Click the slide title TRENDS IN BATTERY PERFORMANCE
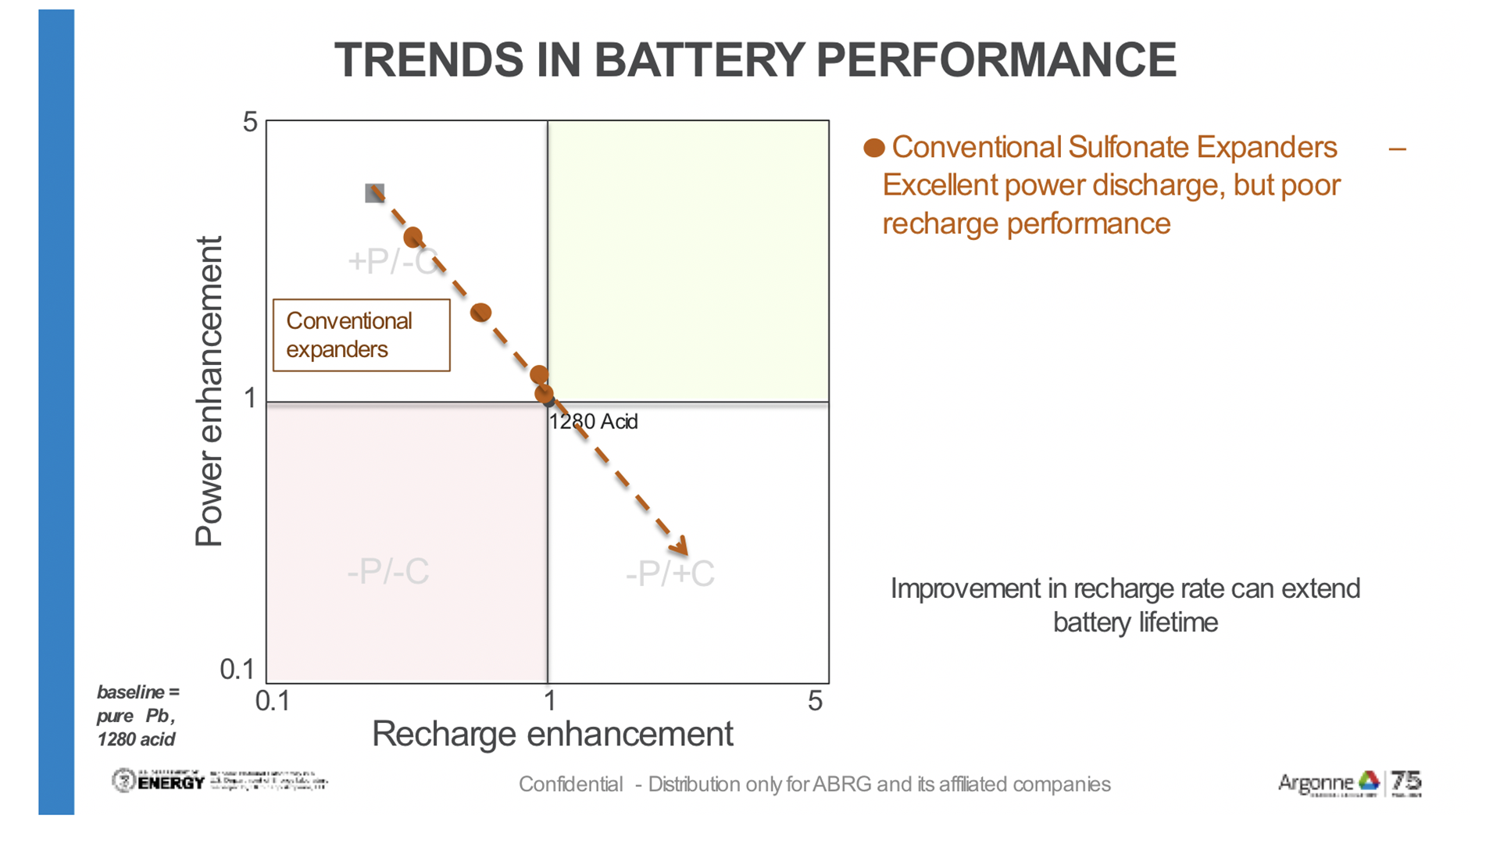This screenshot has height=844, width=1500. click(755, 60)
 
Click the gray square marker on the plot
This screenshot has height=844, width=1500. click(375, 193)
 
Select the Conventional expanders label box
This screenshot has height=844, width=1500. click(362, 335)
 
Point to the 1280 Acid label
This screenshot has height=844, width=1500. click(594, 422)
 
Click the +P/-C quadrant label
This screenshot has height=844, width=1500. click(391, 262)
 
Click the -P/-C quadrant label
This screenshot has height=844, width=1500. click(388, 572)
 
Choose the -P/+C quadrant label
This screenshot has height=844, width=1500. click(670, 574)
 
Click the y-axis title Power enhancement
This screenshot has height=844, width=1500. click(209, 391)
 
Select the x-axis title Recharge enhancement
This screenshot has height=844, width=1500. click(552, 735)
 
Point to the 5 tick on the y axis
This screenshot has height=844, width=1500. click(250, 123)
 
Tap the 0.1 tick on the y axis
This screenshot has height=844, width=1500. click(237, 670)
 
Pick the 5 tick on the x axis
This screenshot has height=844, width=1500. click(815, 701)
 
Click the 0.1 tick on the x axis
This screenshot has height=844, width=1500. click(273, 701)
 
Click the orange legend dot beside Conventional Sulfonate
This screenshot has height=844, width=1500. click(874, 148)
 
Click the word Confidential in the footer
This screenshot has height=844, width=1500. click(570, 785)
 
